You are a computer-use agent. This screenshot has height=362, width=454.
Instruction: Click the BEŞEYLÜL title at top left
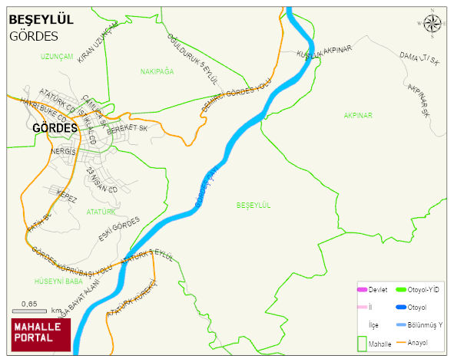[41, 20]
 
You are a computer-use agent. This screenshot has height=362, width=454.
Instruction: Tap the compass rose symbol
[433, 25]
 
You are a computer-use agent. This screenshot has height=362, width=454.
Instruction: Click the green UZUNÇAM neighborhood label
[58, 57]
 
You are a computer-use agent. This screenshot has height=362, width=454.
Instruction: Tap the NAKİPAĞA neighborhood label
[157, 71]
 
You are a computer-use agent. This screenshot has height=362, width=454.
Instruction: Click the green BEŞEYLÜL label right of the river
[255, 205]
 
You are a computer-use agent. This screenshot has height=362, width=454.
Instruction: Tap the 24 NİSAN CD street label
[101, 179]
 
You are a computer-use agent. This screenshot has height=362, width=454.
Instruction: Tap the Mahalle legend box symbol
[363, 343]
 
